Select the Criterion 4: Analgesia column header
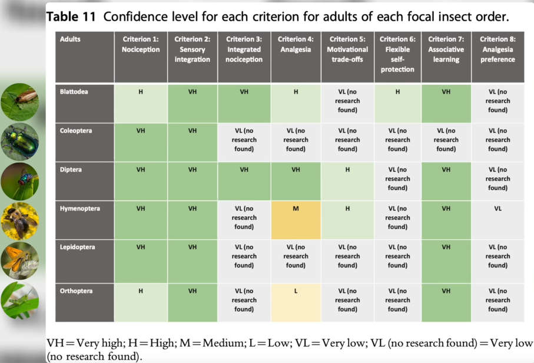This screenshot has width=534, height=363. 296,44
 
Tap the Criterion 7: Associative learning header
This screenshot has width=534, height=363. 446,49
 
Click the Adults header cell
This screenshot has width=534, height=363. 70,39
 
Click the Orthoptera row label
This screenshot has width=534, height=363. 75,291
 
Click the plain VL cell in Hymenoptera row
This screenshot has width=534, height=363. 497,209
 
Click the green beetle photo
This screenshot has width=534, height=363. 20,141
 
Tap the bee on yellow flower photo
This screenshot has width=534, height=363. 20,220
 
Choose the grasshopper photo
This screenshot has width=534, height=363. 20,300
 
